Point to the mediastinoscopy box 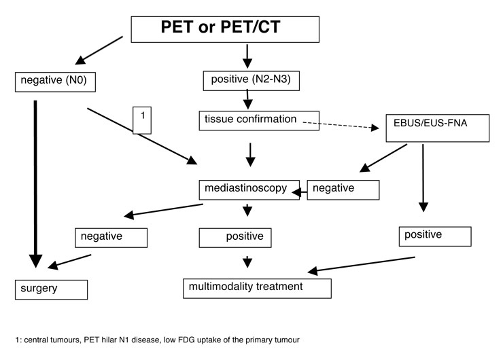[249, 190]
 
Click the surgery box [52, 289]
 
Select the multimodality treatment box [256, 287]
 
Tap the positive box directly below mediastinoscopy [235, 238]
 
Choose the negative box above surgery [111, 237]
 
